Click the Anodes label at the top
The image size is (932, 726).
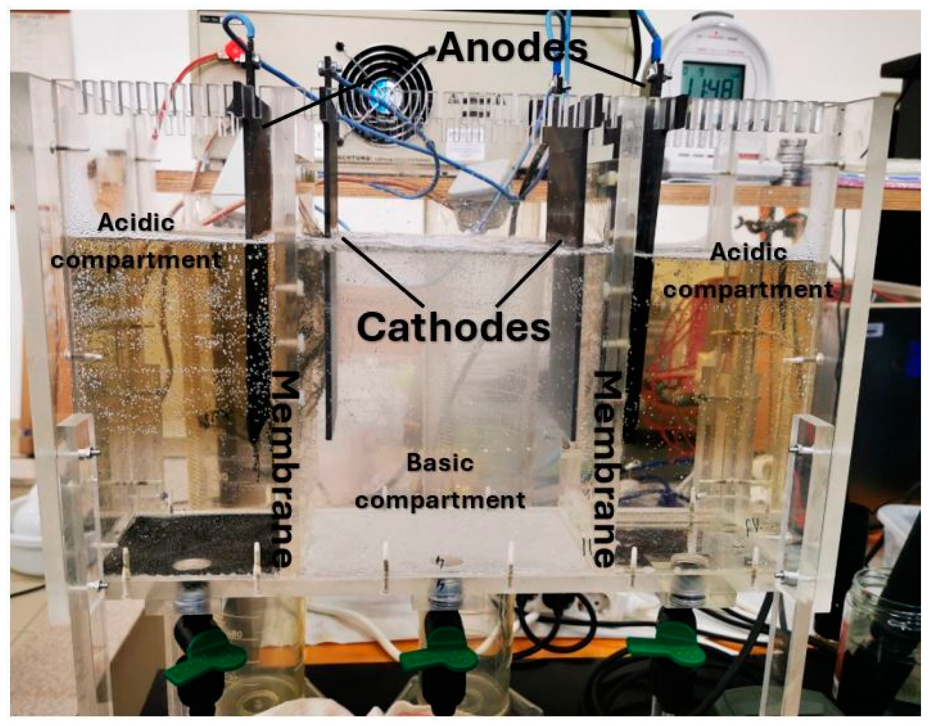tap(511, 48)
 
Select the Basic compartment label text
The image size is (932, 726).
tap(440, 481)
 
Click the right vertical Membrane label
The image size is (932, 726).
tap(607, 469)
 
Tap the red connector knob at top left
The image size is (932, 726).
tap(232, 49)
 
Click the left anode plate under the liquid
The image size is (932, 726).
tap(259, 341)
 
